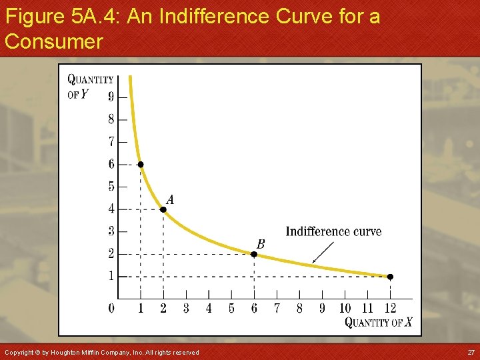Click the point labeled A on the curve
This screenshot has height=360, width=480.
coord(163,209)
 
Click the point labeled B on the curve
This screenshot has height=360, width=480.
coord(253,254)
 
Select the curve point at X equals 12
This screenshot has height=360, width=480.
coord(390,277)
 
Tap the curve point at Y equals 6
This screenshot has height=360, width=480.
coord(141,164)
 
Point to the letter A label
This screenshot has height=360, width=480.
coord(171,199)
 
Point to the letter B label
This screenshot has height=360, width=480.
coord(261,245)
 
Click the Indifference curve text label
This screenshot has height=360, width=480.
coord(333,232)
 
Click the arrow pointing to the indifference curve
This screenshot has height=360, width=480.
coord(323,252)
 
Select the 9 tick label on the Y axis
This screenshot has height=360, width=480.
coord(111,97)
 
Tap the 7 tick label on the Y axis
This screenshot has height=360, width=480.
coord(111,141)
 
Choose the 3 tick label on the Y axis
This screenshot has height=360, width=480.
coord(111,231)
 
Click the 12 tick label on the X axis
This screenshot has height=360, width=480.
coord(390,308)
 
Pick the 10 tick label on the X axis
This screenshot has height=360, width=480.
coord(345,308)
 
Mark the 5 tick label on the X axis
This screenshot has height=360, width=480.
coord(231,308)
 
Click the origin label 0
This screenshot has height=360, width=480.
coord(111,308)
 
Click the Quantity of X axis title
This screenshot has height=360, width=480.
coord(378,323)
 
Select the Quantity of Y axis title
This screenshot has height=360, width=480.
coord(90,86)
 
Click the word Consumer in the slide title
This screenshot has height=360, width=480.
coord(53,41)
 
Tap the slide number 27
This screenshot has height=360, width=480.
coord(471,352)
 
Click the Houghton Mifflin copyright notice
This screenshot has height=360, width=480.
coord(101,352)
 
